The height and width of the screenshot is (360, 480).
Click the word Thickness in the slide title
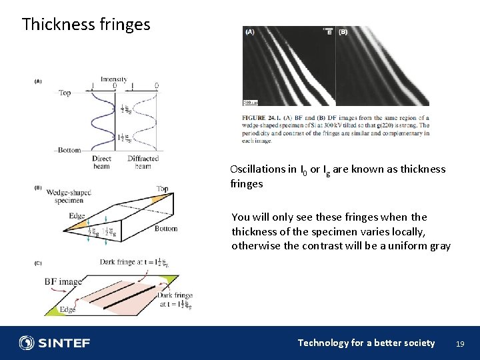click(58, 25)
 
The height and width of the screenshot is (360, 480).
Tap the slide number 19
click(459, 343)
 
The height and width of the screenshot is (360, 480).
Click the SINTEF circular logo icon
click(27, 343)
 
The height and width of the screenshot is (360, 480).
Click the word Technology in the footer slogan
click(323, 343)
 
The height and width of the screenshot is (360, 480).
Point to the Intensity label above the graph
click(114, 79)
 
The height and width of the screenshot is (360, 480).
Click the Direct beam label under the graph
click(102, 162)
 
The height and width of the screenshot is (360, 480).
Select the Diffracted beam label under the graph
click(143, 162)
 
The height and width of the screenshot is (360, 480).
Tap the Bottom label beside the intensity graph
click(69, 150)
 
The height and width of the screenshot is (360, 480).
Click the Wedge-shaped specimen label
click(68, 196)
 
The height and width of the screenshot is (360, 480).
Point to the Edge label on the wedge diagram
click(77, 216)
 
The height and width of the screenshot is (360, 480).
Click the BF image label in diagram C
click(63, 281)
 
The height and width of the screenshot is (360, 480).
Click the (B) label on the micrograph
click(343, 31)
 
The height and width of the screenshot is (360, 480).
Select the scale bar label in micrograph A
click(251, 103)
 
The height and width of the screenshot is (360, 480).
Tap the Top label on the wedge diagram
click(162, 189)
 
